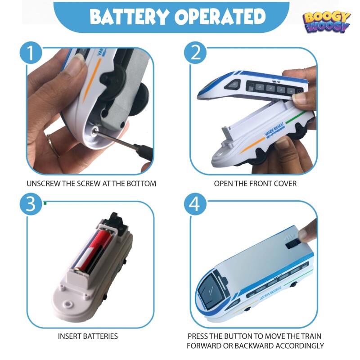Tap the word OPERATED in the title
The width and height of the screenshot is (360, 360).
(220, 17)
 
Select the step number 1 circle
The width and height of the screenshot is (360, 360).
(31, 53)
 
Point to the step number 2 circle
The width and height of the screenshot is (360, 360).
(195, 53)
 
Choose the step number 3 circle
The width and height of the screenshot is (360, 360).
(31, 204)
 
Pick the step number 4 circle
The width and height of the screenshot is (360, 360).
(195, 204)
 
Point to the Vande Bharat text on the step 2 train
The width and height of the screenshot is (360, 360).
(274, 130)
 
